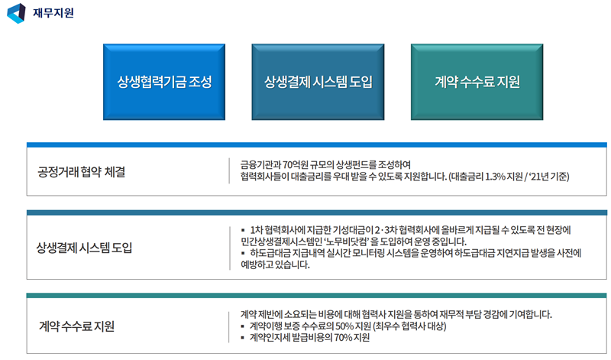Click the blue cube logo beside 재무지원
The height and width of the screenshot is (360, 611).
(x=16, y=13)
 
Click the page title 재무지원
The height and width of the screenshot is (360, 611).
(x=53, y=13)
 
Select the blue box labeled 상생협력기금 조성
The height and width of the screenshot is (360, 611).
(x=164, y=82)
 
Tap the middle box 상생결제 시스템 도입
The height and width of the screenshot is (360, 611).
(x=318, y=82)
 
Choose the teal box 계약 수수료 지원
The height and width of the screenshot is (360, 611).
(x=477, y=82)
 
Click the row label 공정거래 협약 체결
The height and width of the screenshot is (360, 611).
(x=82, y=172)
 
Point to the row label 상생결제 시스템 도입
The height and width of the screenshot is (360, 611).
(x=84, y=248)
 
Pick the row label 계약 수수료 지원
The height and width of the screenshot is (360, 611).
(x=77, y=326)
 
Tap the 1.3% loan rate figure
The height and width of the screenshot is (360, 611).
(x=495, y=177)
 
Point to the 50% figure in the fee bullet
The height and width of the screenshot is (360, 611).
(x=344, y=326)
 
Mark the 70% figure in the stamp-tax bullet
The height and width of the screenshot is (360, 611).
(x=343, y=337)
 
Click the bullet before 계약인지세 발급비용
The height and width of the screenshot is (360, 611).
(x=243, y=338)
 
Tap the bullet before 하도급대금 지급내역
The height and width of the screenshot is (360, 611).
(x=243, y=254)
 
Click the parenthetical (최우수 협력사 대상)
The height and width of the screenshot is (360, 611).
(x=409, y=326)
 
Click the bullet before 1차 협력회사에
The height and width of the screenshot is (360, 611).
(x=243, y=230)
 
